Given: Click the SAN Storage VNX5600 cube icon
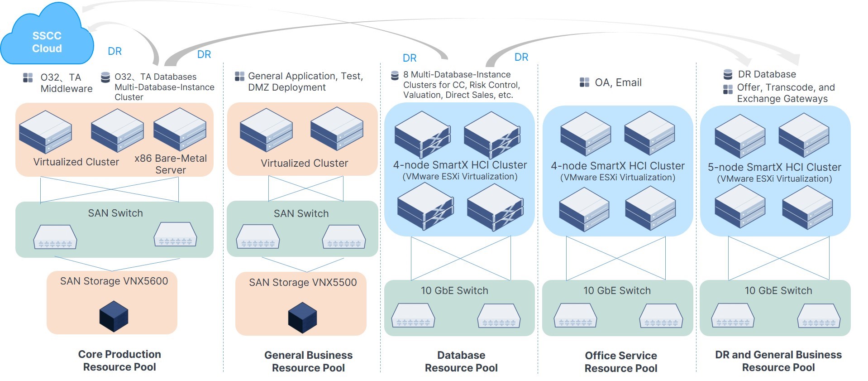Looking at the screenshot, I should click(x=114, y=316).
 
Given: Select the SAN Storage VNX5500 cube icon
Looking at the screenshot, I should click(x=302, y=317).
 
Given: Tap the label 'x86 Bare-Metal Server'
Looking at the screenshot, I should click(x=171, y=164).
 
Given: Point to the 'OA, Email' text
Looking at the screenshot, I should click(x=618, y=82).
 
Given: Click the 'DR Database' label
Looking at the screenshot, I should click(x=767, y=74).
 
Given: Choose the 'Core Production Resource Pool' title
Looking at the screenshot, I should click(x=119, y=361).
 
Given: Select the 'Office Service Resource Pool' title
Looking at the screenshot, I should click(x=621, y=362).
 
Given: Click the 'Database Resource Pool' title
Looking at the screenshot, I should click(x=461, y=362).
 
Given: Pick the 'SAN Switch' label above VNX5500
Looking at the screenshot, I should click(x=301, y=213).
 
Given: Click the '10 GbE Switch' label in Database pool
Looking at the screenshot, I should click(x=454, y=290).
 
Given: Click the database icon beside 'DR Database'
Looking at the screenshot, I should click(x=728, y=74).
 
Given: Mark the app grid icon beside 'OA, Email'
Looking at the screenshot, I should click(x=584, y=82).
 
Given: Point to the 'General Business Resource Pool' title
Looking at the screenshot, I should click(x=308, y=362).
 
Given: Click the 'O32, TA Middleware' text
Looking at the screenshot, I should click(x=66, y=83).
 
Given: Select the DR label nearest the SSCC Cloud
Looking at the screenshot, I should click(x=114, y=51).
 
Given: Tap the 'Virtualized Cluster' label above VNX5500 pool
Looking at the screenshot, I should click(x=304, y=163).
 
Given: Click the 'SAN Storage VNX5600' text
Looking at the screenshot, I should click(x=114, y=281).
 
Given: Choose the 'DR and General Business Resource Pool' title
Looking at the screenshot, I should click(x=778, y=361).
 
